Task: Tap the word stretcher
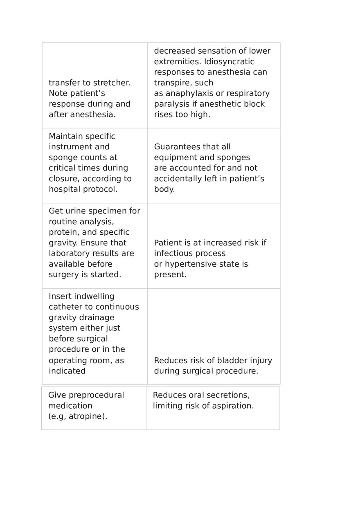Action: click(x=112, y=83)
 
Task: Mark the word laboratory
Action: click(x=70, y=254)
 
